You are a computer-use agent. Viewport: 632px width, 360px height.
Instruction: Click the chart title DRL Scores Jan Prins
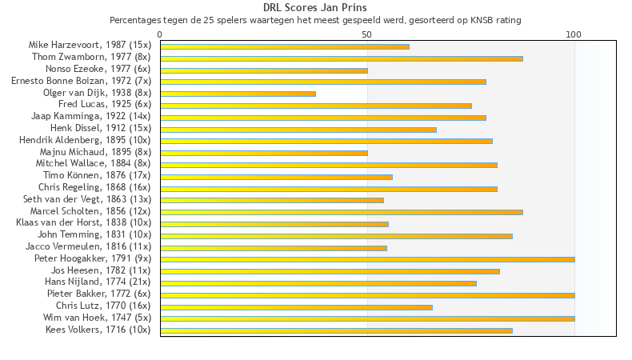[x=315, y=7]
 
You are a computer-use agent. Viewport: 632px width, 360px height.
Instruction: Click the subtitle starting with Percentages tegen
[x=315, y=19]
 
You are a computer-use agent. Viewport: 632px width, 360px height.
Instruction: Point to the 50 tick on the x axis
[x=367, y=34]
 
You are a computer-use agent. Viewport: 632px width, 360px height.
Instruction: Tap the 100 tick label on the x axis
[x=574, y=34]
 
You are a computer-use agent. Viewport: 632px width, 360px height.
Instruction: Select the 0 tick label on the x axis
[x=160, y=34]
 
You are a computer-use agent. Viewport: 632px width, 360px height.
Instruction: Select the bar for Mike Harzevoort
[x=284, y=46]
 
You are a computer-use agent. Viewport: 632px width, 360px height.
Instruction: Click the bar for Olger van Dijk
[x=238, y=94]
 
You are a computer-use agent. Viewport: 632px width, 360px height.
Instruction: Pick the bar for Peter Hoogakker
[x=367, y=259]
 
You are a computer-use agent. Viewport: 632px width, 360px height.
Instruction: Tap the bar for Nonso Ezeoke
[x=264, y=70]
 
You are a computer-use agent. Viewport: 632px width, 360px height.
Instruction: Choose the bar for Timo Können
[x=276, y=177]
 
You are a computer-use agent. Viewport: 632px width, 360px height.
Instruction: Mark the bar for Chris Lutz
[x=296, y=306]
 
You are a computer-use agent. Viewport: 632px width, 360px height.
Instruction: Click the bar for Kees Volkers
[x=336, y=330]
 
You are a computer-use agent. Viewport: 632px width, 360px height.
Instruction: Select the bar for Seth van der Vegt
[x=272, y=200]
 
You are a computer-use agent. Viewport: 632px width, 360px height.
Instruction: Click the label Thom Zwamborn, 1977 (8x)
[x=91, y=57]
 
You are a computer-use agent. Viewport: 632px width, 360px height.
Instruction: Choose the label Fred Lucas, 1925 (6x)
[x=105, y=104]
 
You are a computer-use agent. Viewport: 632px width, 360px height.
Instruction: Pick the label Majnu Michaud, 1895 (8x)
[x=95, y=151]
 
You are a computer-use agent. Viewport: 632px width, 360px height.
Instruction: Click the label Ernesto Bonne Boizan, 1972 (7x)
[x=81, y=81]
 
